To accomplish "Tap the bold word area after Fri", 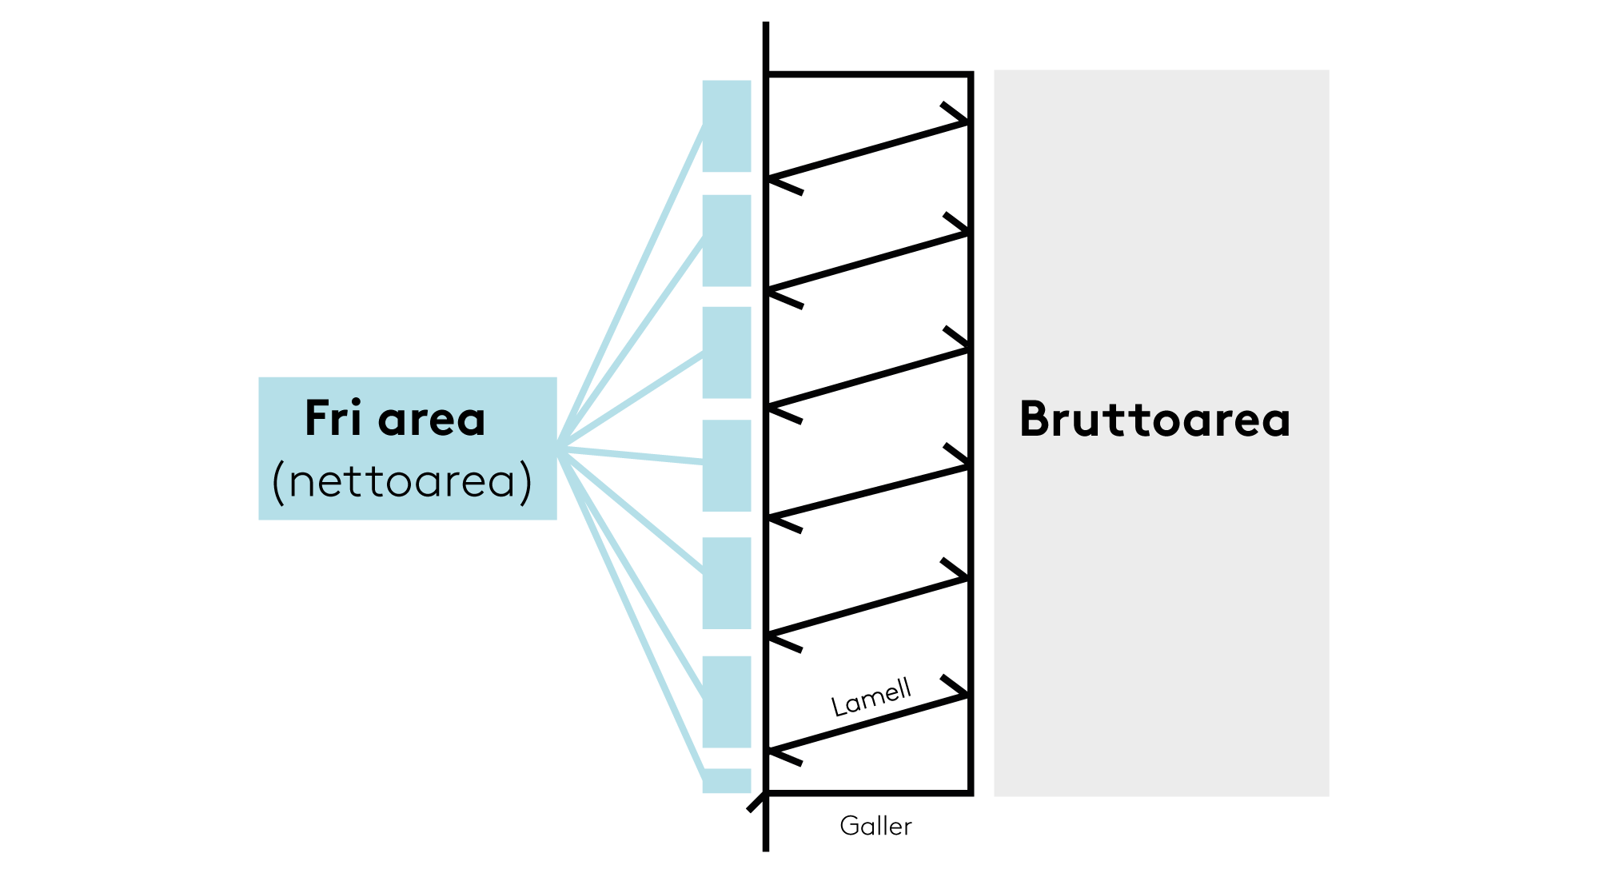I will coord(432,420).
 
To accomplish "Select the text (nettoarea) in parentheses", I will coord(402,482).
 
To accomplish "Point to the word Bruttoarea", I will coord(1154,420).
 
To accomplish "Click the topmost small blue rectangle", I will coord(726,126).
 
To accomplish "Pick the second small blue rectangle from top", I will coord(726,240).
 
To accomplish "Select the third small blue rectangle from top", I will coord(726,352).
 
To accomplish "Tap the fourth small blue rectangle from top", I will coord(726,465).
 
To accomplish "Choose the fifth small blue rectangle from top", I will coord(726,583).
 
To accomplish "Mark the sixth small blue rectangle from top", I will coord(726,701).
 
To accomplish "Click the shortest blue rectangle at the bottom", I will coord(726,781).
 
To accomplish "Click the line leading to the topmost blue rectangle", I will coord(632,288).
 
